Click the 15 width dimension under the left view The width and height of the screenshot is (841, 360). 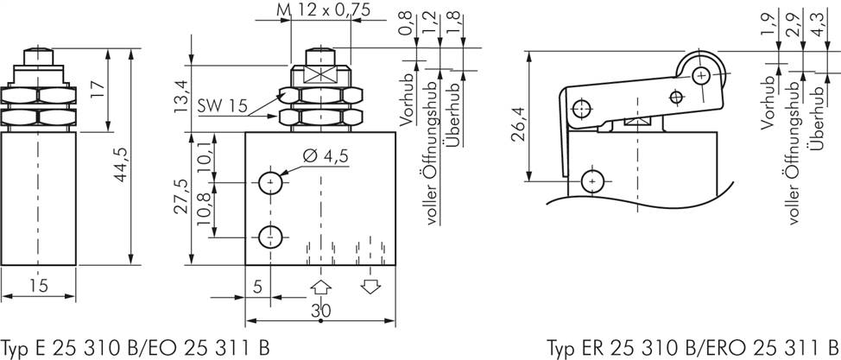(38, 285)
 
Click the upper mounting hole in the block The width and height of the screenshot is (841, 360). (271, 184)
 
